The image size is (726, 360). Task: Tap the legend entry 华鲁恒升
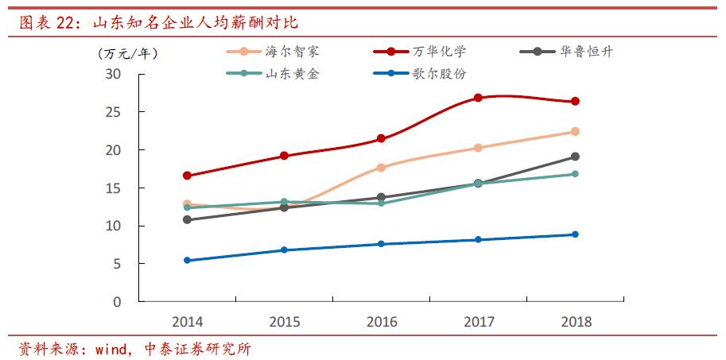586,52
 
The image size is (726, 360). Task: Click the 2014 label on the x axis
187,322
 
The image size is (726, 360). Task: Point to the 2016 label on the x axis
382,322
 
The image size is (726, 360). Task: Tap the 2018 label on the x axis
576,322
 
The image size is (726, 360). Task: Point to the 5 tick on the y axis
118,264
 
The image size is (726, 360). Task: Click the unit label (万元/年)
127,54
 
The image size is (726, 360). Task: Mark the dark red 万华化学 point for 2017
478,98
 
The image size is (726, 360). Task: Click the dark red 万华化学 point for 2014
187,176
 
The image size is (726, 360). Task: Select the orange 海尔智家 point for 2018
575,132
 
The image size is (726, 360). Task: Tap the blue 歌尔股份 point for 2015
284,250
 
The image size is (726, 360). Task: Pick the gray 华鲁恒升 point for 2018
575,157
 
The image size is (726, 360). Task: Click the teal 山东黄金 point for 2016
381,203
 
